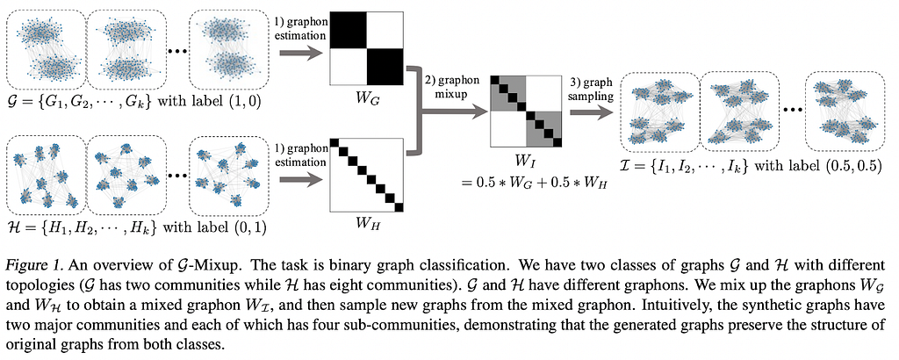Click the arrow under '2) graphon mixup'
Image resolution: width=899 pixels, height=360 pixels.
point(453,113)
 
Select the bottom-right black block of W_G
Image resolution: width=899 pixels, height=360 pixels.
point(385,67)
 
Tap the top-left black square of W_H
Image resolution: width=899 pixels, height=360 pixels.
point(334,143)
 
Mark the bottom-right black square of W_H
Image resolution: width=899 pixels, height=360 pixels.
point(399,207)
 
